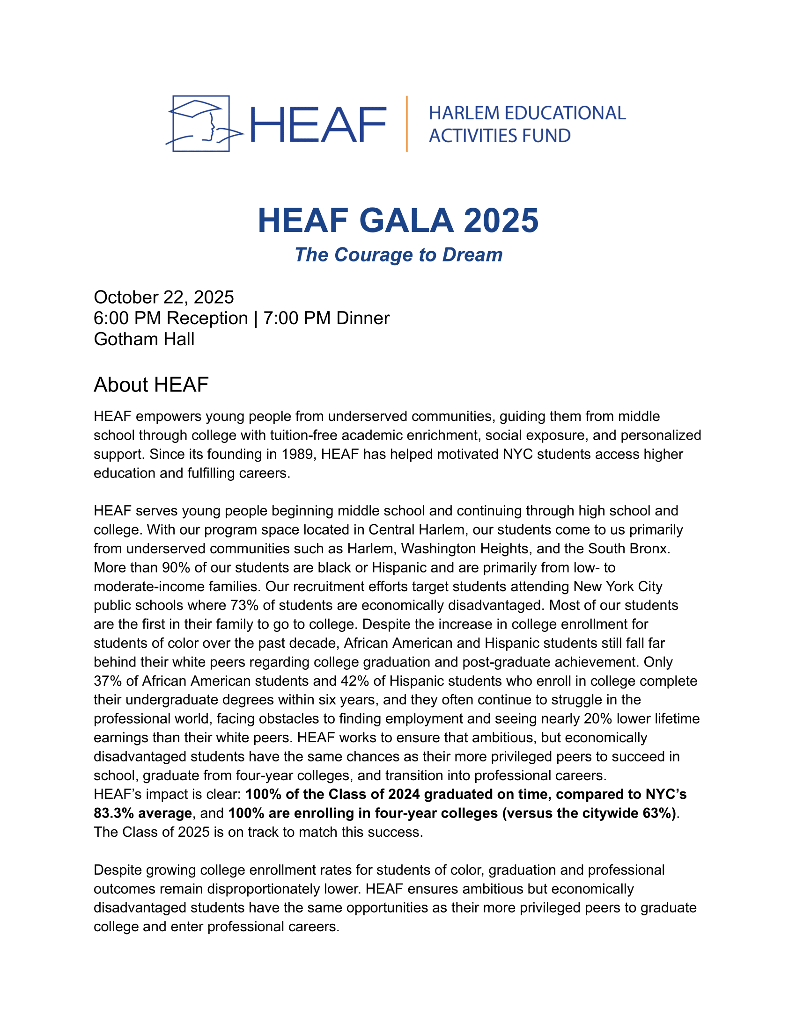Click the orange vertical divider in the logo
406,124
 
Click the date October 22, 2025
163,297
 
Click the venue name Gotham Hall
144,339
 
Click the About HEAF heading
151,385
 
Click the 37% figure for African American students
108,681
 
